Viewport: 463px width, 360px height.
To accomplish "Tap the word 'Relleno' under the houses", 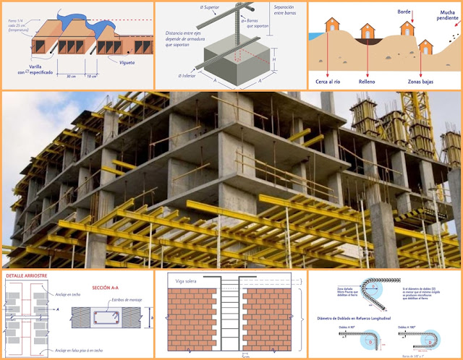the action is [377, 74].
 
